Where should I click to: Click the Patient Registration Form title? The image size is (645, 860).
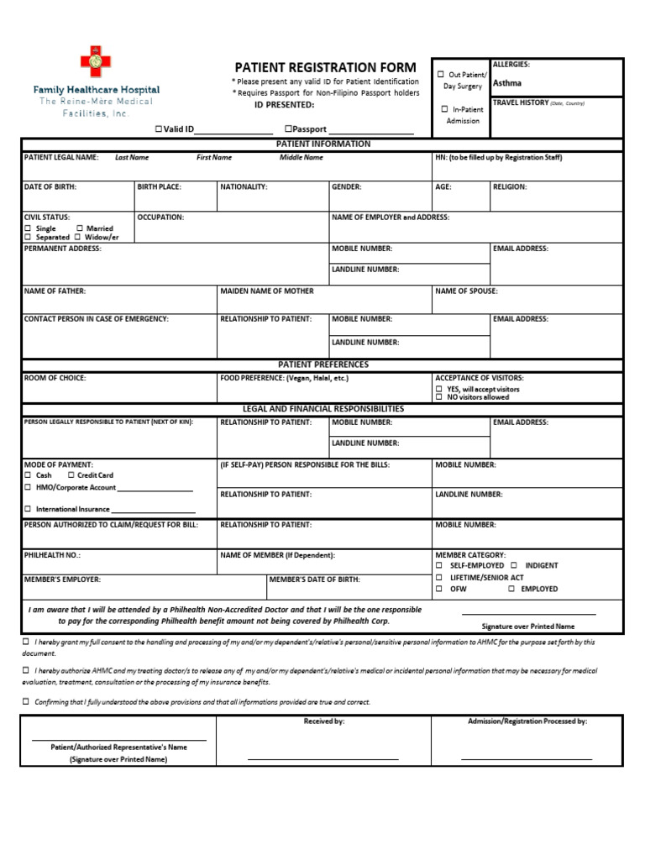(324, 67)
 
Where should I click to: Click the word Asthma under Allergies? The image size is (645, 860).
(506, 83)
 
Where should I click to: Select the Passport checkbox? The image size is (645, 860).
(288, 128)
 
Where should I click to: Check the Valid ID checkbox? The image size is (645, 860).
(158, 128)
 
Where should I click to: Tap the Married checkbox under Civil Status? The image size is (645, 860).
(80, 228)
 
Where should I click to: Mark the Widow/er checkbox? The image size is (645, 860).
(80, 238)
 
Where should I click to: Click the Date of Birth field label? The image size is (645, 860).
(50, 186)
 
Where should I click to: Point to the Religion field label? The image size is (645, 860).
(510, 186)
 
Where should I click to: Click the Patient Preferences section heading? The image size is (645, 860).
(322, 364)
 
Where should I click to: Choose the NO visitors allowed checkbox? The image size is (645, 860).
(439, 397)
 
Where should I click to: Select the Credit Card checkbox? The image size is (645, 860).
(71, 475)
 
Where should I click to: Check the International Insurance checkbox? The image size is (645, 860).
(28, 509)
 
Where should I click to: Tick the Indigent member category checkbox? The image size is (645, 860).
(514, 566)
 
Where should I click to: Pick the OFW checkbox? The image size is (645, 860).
(439, 590)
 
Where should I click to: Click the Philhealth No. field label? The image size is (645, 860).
(52, 555)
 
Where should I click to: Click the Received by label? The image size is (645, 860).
(323, 721)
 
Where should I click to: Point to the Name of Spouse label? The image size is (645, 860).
(466, 291)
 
